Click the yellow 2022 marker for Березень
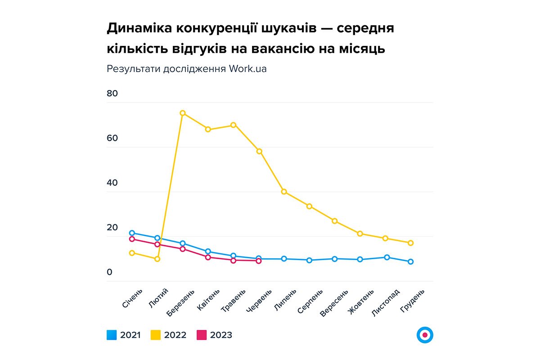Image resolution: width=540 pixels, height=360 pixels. [183, 113]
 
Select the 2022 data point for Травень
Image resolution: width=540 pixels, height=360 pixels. [233, 125]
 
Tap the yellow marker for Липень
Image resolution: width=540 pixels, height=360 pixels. [284, 192]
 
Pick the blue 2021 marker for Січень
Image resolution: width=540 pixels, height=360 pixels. [132, 233]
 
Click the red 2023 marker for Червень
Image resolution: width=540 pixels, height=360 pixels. [258, 261]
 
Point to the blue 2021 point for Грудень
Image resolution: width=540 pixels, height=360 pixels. [410, 261]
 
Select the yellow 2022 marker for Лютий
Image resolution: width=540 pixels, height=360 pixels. [157, 259]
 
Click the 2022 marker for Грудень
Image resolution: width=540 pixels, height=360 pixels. [410, 243]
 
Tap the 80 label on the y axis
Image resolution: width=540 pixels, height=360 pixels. [112, 94]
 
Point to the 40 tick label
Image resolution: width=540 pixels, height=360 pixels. [112, 183]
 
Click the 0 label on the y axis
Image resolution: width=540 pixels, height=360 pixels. [109, 272]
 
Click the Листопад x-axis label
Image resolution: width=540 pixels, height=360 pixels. [386, 303]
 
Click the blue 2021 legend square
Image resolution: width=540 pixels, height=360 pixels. [112, 335]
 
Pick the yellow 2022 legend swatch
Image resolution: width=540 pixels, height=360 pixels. [156, 335]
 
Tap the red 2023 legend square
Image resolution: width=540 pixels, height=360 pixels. [202, 335]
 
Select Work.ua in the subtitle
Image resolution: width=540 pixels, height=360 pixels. [247, 69]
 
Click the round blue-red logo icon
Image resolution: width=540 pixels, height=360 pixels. [425, 335]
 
